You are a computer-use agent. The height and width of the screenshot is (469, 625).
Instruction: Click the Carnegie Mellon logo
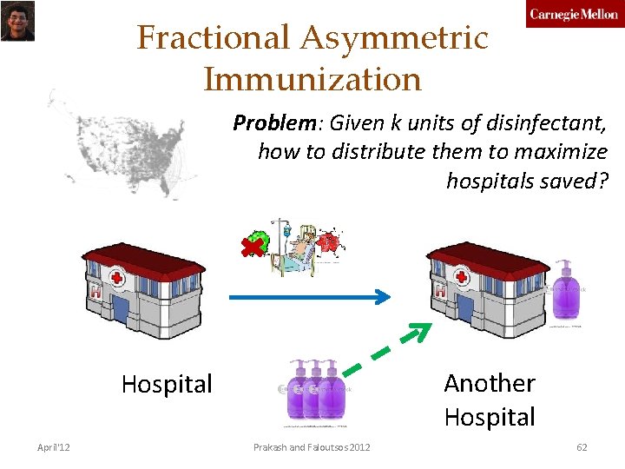(x=574, y=15)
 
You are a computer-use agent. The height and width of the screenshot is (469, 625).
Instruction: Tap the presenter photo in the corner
(x=17, y=21)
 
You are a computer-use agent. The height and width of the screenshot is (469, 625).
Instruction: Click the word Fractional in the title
(x=213, y=38)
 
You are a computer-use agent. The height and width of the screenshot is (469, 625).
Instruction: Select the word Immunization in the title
(x=312, y=79)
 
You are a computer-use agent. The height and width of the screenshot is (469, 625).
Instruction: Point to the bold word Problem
(x=266, y=122)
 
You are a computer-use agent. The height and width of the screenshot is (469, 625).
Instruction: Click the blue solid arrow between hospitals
(x=308, y=297)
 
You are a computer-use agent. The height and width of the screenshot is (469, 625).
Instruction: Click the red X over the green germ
(x=253, y=248)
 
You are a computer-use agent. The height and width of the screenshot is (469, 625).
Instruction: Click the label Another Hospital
(x=490, y=400)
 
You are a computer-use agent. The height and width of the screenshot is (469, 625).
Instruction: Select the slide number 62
(x=582, y=447)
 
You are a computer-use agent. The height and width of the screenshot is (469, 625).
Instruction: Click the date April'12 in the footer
(x=54, y=447)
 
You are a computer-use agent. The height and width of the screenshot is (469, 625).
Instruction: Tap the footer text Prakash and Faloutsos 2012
(x=312, y=447)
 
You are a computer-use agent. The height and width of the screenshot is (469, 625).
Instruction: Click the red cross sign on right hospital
(x=462, y=278)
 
